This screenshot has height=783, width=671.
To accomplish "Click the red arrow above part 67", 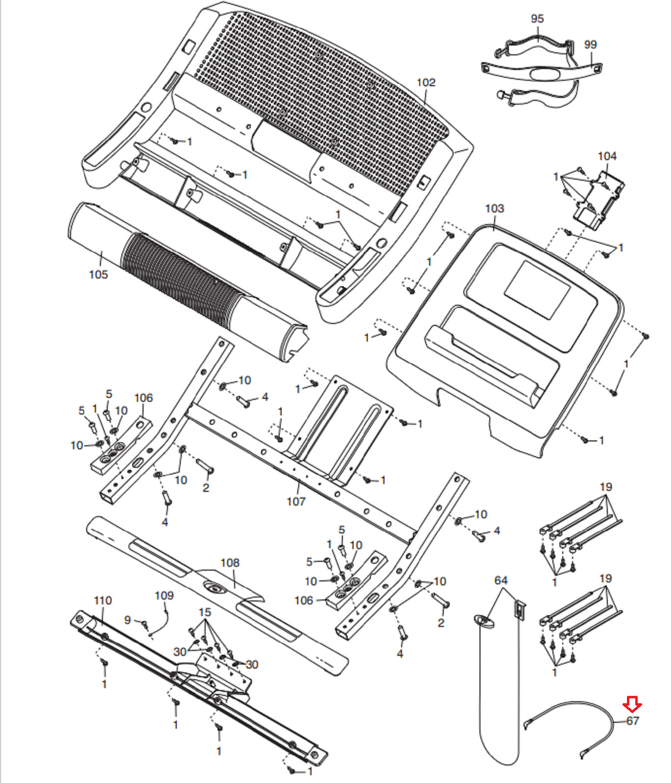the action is click(632, 705).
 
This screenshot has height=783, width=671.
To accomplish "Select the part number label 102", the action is click(426, 83).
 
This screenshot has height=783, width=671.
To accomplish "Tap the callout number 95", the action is click(537, 19).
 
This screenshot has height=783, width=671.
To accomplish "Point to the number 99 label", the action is click(590, 45).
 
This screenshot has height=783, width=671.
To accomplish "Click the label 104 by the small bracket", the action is click(607, 156).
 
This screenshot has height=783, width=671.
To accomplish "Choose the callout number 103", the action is click(494, 208).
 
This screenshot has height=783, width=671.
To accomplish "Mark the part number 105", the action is click(98, 275).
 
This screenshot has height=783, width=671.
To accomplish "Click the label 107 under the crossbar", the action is click(296, 502).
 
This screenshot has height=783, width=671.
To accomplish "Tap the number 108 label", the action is click(230, 563).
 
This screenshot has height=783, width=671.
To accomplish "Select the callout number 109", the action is click(164, 596).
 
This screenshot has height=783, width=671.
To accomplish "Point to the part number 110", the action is click(103, 600).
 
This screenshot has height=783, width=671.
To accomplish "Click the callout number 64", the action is click(501, 580).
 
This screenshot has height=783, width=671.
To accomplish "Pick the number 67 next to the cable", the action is click(633, 721).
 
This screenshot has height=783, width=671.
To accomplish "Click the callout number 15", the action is click(205, 612).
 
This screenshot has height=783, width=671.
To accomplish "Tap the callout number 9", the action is click(127, 620).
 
